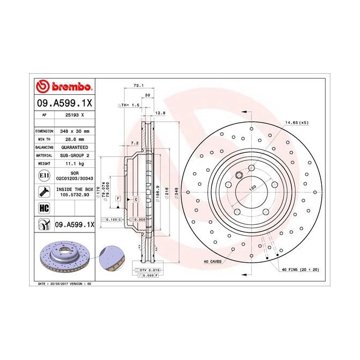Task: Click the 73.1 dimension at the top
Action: (x=138, y=85)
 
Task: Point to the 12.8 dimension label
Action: (x=159, y=112)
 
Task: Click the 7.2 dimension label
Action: (x=135, y=143)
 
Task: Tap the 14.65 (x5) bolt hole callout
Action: (x=297, y=123)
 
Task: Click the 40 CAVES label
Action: (x=212, y=261)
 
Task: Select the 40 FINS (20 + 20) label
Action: (x=300, y=269)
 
